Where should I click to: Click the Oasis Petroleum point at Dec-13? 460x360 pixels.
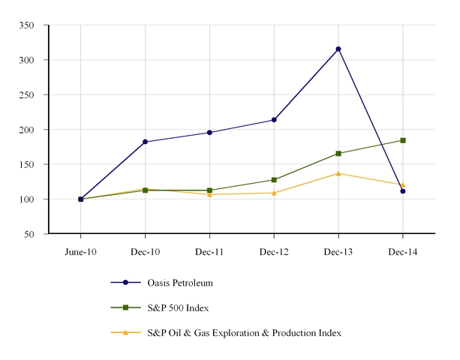[x=338, y=49]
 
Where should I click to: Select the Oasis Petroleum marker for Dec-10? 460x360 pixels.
[x=145, y=142]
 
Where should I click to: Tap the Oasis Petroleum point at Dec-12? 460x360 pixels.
[x=274, y=120]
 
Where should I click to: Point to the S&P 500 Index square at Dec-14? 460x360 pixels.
[x=403, y=140]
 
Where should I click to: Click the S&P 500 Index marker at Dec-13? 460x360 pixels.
[x=338, y=154]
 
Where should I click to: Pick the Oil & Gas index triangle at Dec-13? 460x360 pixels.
[x=338, y=173]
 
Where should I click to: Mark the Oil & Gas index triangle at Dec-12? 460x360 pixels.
[x=274, y=193]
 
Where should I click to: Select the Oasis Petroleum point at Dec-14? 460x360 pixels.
[x=403, y=191]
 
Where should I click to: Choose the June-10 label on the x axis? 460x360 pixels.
[x=80, y=252]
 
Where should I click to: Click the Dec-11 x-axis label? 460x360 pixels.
[x=209, y=252]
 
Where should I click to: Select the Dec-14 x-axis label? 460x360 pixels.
[x=403, y=252]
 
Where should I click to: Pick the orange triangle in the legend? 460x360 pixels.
[x=126, y=332]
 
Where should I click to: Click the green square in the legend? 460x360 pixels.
[x=126, y=307]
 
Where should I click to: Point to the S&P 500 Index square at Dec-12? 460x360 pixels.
[x=274, y=180]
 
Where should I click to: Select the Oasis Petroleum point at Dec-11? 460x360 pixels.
[x=209, y=133]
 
